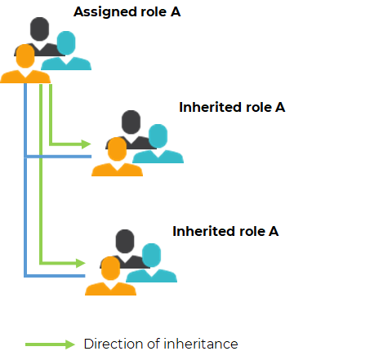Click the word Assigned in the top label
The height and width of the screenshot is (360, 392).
point(105,12)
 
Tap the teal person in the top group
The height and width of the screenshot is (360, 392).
point(66,51)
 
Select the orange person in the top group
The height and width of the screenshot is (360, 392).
point(25,64)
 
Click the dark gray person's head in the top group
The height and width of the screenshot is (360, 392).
point(40,29)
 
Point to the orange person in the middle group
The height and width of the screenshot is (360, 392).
point(117,157)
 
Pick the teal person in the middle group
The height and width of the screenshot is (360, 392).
point(158,144)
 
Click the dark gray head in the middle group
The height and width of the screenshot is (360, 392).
point(131,122)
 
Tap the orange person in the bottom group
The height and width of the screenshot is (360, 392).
point(110,276)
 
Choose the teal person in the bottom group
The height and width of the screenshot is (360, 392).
point(151,263)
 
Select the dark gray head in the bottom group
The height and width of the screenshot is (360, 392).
point(125,241)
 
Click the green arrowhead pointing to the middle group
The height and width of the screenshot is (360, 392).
point(87,144)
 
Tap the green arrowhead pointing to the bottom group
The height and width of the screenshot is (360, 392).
point(81,263)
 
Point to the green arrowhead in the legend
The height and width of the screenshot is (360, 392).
point(70,344)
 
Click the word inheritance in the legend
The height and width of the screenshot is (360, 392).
point(201,344)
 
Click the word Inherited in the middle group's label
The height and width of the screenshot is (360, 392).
point(211,107)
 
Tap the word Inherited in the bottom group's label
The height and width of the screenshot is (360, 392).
point(204,231)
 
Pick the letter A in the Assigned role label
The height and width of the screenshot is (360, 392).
point(176,12)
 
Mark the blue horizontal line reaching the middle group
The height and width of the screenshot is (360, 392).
point(58,157)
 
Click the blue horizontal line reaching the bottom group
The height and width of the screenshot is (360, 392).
point(55,276)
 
